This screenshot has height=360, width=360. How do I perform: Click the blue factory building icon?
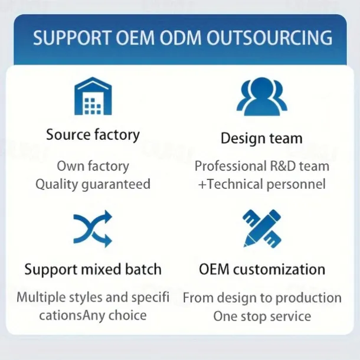(x=93, y=97)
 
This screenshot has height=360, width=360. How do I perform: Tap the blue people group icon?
(x=261, y=97)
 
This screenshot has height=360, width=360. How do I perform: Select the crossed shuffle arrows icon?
(x=93, y=229)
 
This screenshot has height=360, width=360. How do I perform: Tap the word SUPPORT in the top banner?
(x=71, y=38)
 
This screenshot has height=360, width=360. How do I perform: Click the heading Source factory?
(x=93, y=135)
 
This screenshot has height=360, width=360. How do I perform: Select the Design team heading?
(x=261, y=139)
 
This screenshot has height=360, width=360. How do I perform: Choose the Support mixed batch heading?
(x=93, y=270)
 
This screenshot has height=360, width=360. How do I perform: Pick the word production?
(x=310, y=297)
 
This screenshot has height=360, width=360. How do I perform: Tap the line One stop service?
(x=261, y=316)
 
